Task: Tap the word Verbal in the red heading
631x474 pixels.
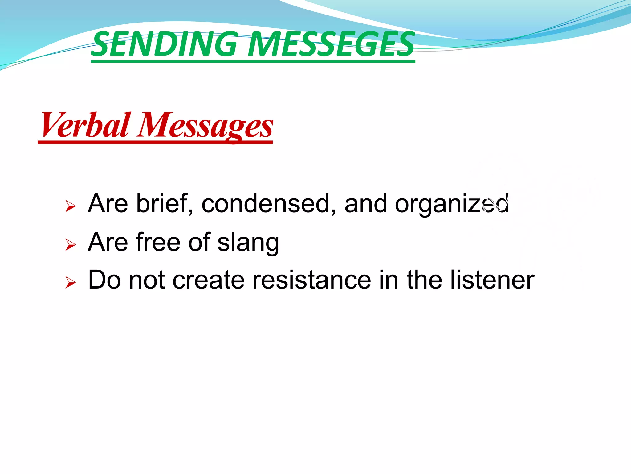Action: [x=85, y=125]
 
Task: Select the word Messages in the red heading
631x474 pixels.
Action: [x=205, y=125]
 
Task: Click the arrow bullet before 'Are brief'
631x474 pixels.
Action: [x=71, y=206]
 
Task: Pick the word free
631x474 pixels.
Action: [x=158, y=242]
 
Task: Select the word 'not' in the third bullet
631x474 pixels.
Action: [x=147, y=280]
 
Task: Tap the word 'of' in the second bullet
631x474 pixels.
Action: [x=199, y=242]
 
